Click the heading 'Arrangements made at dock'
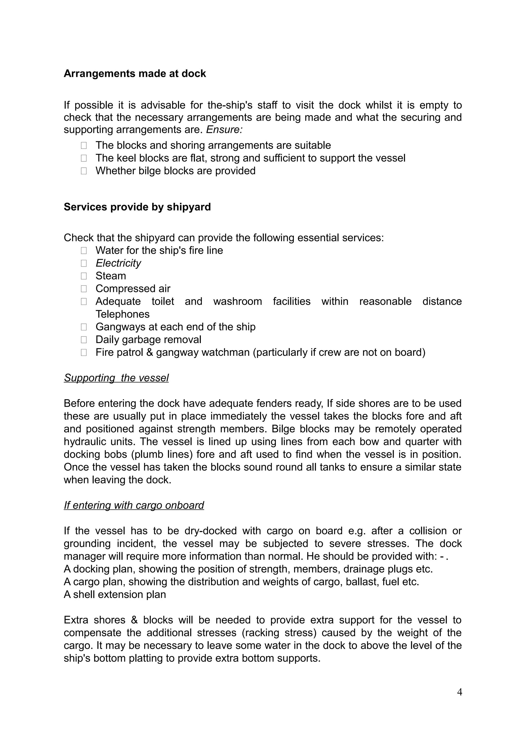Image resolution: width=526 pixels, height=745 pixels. click(x=135, y=74)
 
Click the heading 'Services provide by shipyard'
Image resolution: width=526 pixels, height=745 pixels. click(x=137, y=207)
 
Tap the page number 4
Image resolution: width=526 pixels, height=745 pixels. click(x=459, y=692)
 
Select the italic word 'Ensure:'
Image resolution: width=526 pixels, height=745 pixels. click(x=224, y=130)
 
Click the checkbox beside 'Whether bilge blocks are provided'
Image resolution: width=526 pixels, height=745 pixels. click(x=84, y=171)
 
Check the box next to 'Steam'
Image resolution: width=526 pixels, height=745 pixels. click(x=84, y=276)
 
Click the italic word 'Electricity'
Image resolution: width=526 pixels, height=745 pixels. click(x=118, y=263)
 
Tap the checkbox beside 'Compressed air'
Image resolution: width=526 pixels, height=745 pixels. click(x=84, y=289)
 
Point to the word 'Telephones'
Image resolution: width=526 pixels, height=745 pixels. click(x=123, y=314)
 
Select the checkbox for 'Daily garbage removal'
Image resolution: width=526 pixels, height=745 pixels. click(x=84, y=340)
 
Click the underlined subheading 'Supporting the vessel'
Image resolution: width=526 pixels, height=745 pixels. click(x=116, y=378)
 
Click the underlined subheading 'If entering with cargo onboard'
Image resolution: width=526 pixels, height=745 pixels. click(x=134, y=505)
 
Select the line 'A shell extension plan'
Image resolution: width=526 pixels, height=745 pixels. click(x=115, y=594)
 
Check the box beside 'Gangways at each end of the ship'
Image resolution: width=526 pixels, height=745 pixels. click(x=84, y=327)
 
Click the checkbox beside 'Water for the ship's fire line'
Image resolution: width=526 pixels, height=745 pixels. click(x=84, y=250)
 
